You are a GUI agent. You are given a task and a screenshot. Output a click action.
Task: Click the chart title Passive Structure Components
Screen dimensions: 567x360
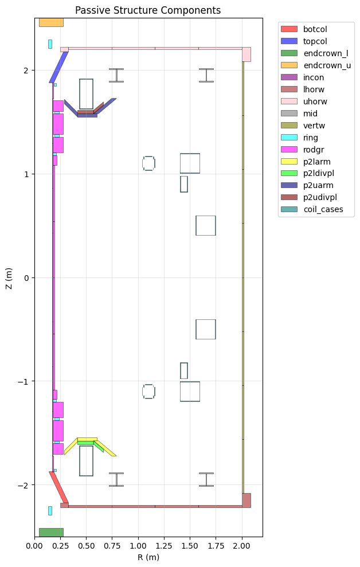148,10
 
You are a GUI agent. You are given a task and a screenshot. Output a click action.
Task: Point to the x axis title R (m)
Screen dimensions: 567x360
148,557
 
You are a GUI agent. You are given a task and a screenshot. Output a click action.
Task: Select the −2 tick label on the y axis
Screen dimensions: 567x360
24,485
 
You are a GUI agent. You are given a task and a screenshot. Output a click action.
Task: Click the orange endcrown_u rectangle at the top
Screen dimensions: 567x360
51,22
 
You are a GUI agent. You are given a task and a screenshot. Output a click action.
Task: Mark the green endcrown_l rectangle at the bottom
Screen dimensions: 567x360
51,532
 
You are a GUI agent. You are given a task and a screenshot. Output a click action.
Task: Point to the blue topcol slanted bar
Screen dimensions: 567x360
58,67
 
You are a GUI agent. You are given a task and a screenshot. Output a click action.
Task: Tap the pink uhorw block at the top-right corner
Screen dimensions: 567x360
246,54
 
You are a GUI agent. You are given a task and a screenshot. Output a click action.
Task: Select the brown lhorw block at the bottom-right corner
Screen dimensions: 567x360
246,500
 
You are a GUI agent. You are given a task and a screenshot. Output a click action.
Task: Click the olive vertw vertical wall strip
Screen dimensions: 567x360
243,277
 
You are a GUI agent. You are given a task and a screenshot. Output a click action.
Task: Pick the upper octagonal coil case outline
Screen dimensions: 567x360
148,163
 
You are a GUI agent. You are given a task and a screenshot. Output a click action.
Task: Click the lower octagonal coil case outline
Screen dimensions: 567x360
148,392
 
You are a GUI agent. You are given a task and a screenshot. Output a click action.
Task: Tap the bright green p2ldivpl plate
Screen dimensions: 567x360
86,443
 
